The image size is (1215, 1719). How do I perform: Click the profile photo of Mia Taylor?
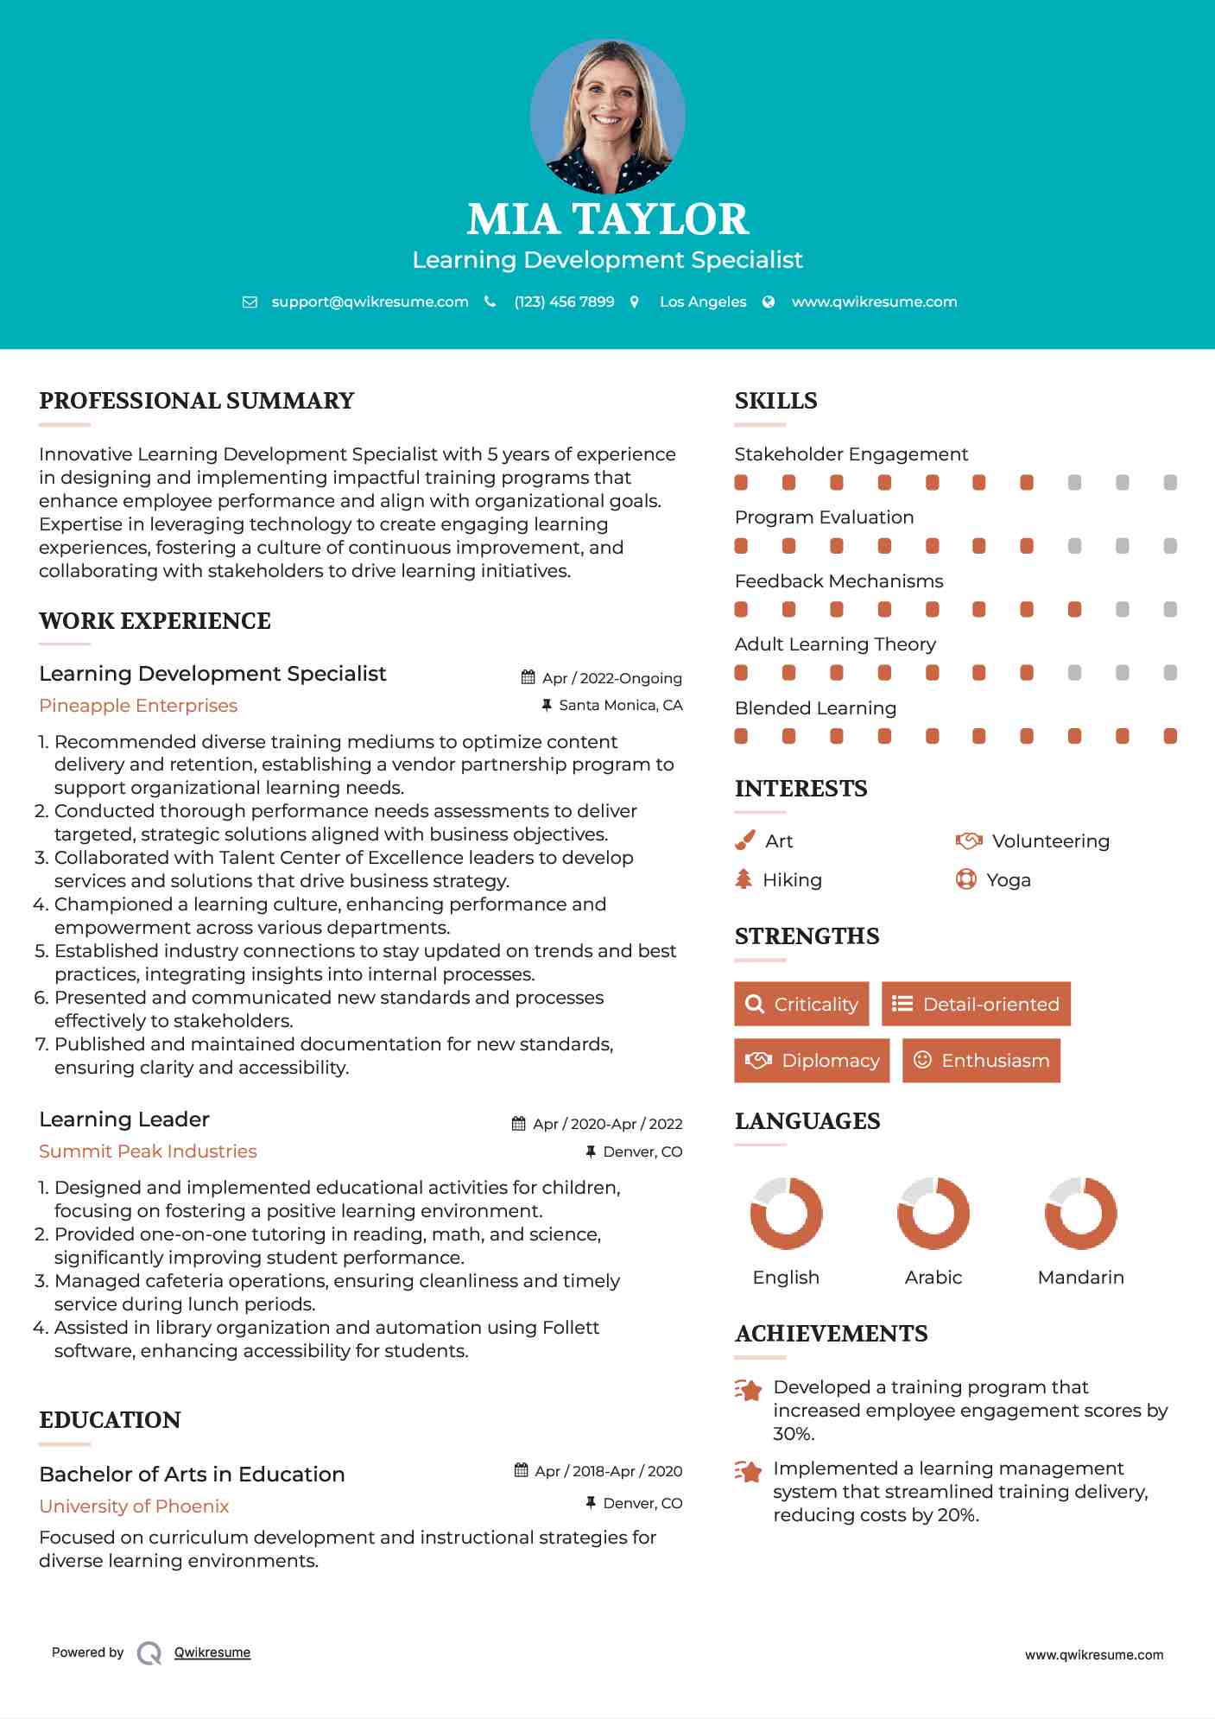[x=607, y=115]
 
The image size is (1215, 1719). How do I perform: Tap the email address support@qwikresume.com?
[x=370, y=301]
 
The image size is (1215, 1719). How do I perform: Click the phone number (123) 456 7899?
[x=564, y=301]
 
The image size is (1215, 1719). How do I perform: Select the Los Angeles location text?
[x=703, y=301]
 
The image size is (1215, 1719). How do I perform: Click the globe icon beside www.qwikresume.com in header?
[x=769, y=301]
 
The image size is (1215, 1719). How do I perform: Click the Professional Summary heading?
[x=197, y=401]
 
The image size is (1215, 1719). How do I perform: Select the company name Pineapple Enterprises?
[x=138, y=706]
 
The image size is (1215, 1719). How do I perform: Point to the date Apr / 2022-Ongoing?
[x=611, y=678]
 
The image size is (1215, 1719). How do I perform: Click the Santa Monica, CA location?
[x=620, y=705]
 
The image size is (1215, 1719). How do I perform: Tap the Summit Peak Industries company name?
[x=148, y=1151]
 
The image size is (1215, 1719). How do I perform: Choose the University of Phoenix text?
[x=134, y=1507]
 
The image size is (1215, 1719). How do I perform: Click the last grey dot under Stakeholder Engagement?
[x=1170, y=482]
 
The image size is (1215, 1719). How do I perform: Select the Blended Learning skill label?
[x=815, y=708]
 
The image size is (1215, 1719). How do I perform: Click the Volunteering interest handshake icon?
[x=969, y=840]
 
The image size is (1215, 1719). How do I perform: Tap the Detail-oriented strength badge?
[x=976, y=1004]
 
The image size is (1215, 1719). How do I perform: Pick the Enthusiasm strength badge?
[x=981, y=1061]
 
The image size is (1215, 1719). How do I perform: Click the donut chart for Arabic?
[x=933, y=1213]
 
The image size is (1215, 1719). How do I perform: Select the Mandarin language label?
[x=1080, y=1278]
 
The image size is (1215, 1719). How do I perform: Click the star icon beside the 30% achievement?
[x=749, y=1390]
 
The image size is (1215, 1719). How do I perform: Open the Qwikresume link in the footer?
[x=212, y=1652]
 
